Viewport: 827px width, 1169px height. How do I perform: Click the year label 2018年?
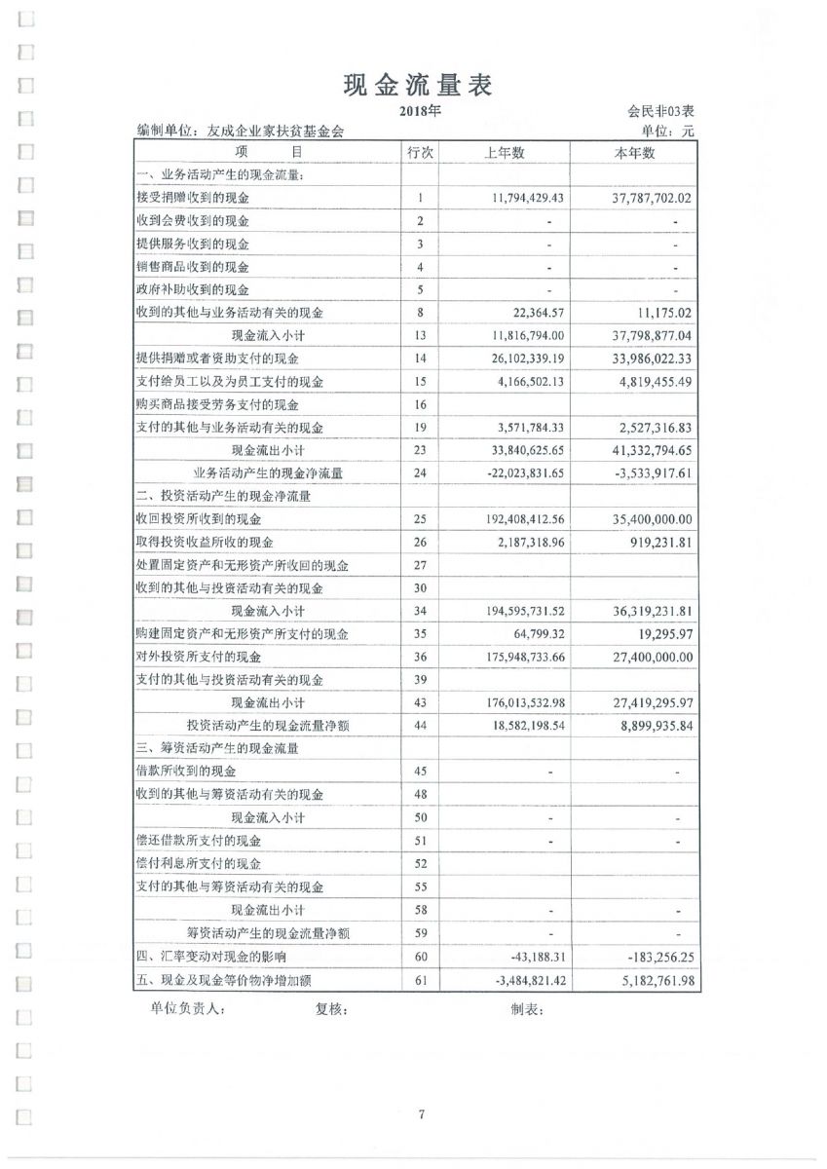coord(420,111)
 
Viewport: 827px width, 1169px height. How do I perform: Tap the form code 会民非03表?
coord(659,113)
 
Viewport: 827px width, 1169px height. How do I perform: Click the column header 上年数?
coord(505,152)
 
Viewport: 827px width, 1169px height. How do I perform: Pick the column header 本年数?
coord(634,152)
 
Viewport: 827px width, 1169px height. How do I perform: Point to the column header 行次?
coord(420,152)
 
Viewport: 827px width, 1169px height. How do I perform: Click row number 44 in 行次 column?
coord(420,727)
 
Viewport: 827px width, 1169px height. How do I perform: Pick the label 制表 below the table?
coord(527,1009)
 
